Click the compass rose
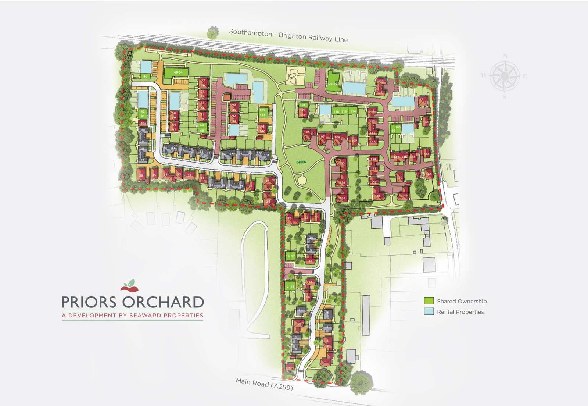coord(504,76)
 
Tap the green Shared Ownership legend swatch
coord(429,301)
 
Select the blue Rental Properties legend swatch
coord(429,311)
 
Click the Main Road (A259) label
coord(264,384)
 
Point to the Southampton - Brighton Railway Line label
coord(288,36)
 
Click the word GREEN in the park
coord(301,162)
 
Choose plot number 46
coord(146,76)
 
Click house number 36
coord(141,175)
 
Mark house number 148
coord(429,174)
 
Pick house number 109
coord(354,140)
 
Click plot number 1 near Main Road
coord(326,363)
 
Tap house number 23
coord(290,218)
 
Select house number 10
coord(299,324)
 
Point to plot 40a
coord(143,123)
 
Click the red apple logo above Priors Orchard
coord(129,286)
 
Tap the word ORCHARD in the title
coord(163,302)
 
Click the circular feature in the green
coord(302,180)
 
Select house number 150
coord(399,177)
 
